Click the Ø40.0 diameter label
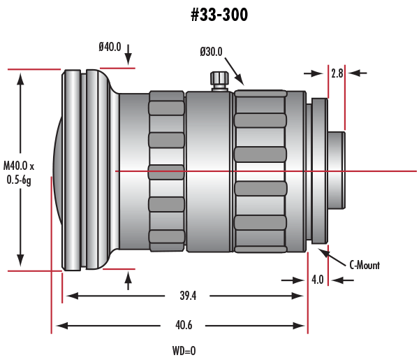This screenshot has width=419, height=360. point(110,47)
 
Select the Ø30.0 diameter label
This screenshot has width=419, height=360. point(210,52)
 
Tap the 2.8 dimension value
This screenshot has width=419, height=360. point(337,72)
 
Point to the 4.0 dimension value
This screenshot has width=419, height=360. point(318,280)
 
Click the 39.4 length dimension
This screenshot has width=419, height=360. point(188,296)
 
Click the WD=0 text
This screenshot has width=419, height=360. point(184,350)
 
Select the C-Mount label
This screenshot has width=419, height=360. point(364,264)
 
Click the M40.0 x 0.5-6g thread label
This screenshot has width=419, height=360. point(19,173)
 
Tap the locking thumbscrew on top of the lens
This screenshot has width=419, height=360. point(220,78)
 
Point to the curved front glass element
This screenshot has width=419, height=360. point(57,171)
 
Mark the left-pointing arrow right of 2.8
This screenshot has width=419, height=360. point(356,72)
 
